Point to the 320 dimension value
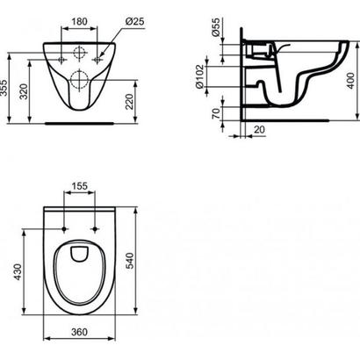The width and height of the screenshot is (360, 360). (29, 91)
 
